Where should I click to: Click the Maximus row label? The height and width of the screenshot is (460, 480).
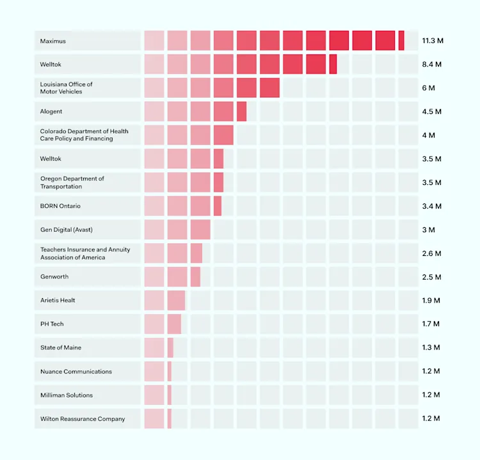53,41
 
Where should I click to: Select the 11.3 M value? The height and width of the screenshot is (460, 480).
432,41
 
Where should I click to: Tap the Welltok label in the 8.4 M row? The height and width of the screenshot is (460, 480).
51,65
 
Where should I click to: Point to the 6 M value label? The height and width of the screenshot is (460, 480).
428,88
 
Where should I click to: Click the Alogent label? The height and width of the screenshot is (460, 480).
51,111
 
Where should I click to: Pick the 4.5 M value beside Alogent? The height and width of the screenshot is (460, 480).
431,111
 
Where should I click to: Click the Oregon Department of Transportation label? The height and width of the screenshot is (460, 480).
72,182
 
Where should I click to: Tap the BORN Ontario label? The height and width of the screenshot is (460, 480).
60,206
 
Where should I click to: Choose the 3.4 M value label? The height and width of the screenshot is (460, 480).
431,206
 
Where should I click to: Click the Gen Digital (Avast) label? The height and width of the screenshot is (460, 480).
70,230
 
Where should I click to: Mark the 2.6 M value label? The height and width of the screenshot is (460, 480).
431,253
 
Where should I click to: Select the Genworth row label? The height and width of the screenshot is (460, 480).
54,277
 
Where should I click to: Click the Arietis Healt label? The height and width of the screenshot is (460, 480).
58,300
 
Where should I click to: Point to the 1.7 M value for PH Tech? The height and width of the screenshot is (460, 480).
431,324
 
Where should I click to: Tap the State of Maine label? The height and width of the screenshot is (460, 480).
61,347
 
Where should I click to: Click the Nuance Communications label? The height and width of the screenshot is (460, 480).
76,371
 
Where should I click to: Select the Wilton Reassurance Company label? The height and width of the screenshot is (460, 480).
83,418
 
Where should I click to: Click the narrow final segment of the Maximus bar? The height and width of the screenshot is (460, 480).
401,41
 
